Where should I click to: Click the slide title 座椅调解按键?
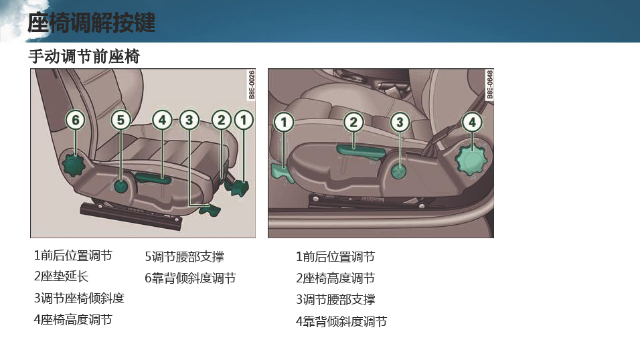pyautogui.click(x=92, y=22)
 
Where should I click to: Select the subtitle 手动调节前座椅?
pyautogui.click(x=84, y=56)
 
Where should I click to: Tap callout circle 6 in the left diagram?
pyautogui.click(x=76, y=120)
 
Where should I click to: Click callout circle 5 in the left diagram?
pyautogui.click(x=121, y=120)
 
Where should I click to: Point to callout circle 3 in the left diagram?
pyautogui.click(x=189, y=120)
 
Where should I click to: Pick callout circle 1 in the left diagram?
pyautogui.click(x=244, y=120)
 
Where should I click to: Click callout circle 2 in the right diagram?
pyautogui.click(x=353, y=122)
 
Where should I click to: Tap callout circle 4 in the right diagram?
pyautogui.click(x=472, y=122)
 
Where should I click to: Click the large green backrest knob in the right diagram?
pyautogui.click(x=471, y=160)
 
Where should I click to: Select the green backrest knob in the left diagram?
pyautogui.click(x=74, y=164)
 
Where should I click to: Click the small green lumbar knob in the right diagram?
pyautogui.click(x=399, y=171)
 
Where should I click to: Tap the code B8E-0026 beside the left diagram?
pyautogui.click(x=252, y=84)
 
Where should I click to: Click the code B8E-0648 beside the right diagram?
pyautogui.click(x=489, y=84)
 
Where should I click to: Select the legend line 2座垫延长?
pyautogui.click(x=61, y=276)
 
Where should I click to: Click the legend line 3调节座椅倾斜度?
pyautogui.click(x=79, y=298)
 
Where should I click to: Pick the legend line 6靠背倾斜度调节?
pyautogui.click(x=190, y=278)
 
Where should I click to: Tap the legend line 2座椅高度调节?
pyautogui.click(x=335, y=278)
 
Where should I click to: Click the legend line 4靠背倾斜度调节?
pyautogui.click(x=341, y=321)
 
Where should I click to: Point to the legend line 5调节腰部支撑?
pyautogui.click(x=184, y=257)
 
